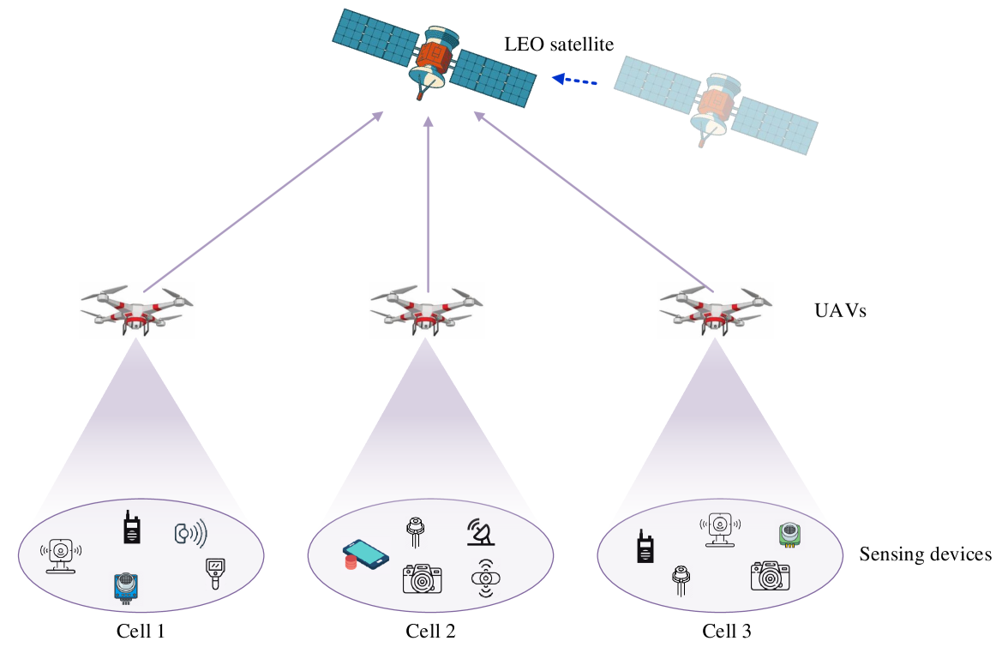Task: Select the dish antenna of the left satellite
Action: (429, 78)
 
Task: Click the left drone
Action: (137, 310)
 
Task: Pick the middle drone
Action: (427, 310)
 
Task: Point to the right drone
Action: (716, 310)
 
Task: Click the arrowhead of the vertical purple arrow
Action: (428, 122)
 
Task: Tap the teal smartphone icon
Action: (366, 555)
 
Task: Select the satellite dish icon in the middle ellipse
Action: (481, 532)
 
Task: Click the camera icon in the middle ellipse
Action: (423, 579)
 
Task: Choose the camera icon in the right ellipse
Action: (771, 576)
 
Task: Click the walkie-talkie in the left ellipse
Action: (131, 528)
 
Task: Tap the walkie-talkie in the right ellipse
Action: (645, 546)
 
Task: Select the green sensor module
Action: (789, 535)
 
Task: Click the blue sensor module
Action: (126, 587)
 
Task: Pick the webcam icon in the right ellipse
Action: (720, 529)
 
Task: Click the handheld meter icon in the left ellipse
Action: (215, 573)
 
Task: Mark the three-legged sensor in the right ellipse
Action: (681, 579)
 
